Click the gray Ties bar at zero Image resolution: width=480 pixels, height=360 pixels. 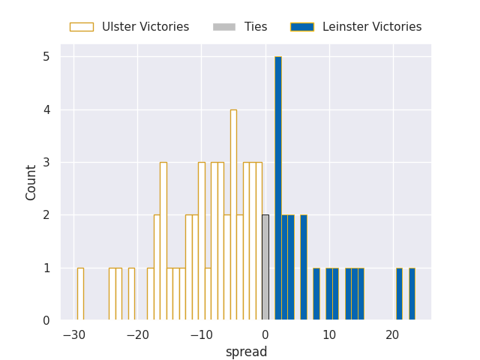tap(265, 268)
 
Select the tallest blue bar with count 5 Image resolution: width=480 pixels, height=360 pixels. tap(277, 188)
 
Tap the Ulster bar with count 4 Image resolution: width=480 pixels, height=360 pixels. tap(233, 215)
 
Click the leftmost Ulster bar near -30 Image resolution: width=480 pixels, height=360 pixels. tap(80, 294)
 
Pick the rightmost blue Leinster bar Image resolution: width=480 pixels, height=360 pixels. tap(412, 294)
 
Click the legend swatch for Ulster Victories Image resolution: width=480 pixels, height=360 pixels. tap(82, 27)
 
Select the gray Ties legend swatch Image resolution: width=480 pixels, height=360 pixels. tap(224, 27)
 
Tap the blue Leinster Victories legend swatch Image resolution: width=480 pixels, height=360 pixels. tap(302, 27)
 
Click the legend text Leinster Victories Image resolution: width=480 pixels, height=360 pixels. tap(372, 27)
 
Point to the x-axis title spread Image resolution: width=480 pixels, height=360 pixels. tap(246, 352)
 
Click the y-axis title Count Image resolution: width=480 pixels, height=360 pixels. tap(31, 182)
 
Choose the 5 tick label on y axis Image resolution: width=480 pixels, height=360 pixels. tap(46, 57)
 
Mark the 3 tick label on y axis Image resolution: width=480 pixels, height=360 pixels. tap(46, 163)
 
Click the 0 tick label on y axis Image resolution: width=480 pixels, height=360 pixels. tap(46, 321)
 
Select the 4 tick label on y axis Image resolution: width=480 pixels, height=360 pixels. tap(46, 109)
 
